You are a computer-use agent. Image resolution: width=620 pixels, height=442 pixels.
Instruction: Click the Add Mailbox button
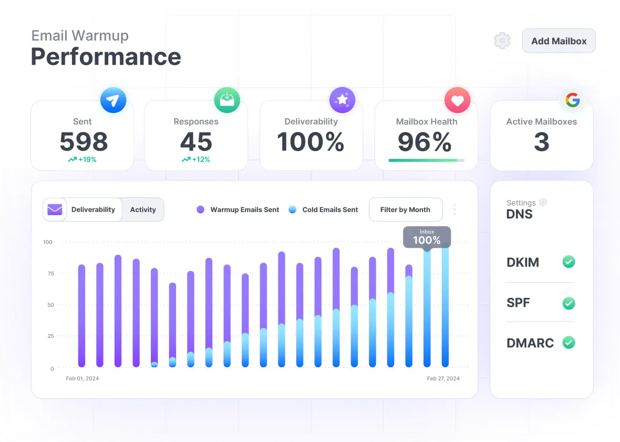[559, 41]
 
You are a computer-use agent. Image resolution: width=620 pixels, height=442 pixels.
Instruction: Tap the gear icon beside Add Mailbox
[502, 41]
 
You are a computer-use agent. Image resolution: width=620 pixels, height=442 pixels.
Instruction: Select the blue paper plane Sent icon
[113, 100]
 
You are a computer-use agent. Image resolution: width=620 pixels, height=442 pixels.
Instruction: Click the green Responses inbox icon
[227, 100]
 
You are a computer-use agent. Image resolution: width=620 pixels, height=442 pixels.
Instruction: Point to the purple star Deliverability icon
[342, 100]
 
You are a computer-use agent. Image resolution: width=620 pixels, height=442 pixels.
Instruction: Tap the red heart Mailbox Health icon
[457, 100]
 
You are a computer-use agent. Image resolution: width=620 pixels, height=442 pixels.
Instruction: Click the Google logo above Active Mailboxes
[572, 100]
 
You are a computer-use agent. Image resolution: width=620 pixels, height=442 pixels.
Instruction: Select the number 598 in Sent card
[84, 142]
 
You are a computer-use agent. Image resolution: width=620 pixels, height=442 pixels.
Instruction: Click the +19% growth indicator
[82, 159]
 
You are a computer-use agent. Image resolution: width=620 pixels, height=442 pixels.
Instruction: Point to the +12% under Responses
[196, 159]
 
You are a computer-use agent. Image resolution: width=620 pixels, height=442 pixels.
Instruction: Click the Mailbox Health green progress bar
[426, 160]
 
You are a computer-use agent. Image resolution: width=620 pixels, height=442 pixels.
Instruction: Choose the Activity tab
[143, 209]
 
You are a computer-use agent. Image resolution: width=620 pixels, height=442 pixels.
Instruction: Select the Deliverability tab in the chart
[93, 209]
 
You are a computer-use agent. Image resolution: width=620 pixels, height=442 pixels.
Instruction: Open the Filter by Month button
[405, 209]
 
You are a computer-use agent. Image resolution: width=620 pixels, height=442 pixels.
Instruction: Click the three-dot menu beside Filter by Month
[454, 209]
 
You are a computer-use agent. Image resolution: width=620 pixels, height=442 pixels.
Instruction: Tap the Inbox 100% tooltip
[427, 237]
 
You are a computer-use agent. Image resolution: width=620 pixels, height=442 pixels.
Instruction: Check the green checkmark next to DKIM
[569, 262]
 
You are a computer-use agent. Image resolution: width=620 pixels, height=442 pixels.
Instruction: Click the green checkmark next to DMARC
[569, 343]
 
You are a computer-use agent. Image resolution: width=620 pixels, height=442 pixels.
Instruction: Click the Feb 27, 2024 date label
[443, 378]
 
